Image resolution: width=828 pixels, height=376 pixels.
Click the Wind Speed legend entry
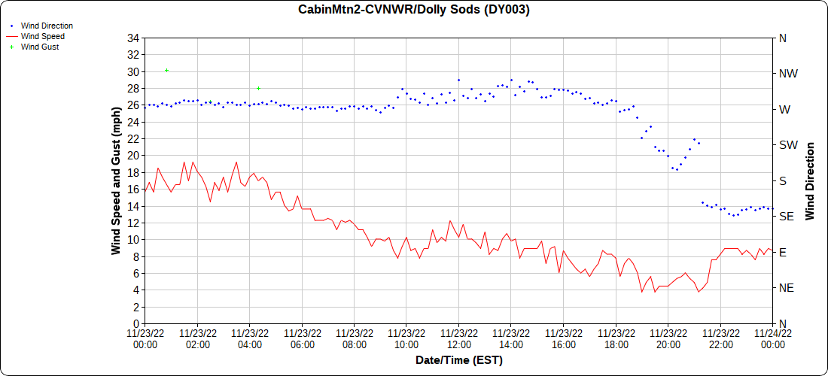42,36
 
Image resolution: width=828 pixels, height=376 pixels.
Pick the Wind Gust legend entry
40,47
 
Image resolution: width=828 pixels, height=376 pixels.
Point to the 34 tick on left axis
133,38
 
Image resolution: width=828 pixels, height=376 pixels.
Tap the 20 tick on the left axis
133,156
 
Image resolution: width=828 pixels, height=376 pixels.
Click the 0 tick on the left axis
136,323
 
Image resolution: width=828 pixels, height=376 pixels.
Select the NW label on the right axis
787,74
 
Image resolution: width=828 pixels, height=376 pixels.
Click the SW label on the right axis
787,145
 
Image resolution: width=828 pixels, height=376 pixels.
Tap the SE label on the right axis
787,217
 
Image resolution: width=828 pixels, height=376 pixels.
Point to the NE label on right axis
787,288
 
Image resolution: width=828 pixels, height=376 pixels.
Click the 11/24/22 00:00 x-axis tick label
772,339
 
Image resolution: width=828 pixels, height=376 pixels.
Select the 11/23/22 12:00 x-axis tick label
458,339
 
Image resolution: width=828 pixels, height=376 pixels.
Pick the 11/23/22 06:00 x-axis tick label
301,339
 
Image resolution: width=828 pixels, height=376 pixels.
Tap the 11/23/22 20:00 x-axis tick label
668,339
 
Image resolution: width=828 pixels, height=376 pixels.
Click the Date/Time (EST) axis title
458,360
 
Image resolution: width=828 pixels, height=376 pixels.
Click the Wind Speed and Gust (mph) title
116,180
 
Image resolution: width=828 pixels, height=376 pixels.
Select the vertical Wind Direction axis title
811,180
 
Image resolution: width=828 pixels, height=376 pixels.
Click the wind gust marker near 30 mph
166,70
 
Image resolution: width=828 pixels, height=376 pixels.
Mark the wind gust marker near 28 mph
258,88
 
